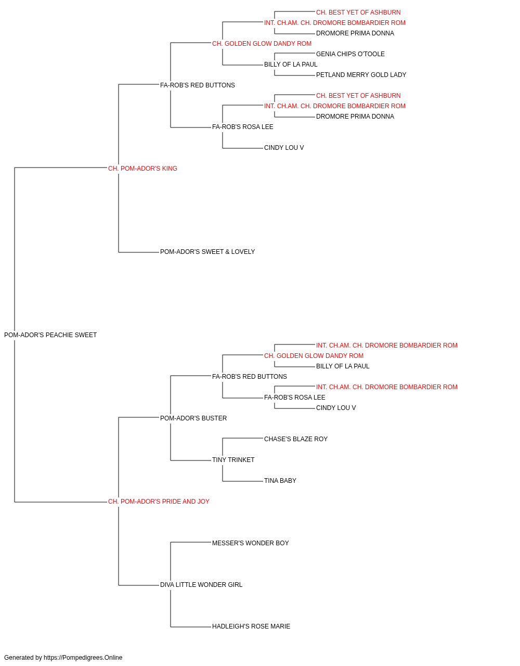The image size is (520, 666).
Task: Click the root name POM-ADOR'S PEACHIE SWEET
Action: click(x=50, y=335)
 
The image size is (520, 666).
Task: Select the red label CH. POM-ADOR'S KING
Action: click(x=142, y=169)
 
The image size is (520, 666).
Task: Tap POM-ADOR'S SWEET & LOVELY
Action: click(x=207, y=252)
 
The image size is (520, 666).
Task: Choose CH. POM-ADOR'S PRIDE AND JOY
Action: click(x=159, y=502)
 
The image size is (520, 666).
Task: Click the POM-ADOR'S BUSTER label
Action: click(x=193, y=418)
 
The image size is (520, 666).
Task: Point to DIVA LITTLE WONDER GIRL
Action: click(x=201, y=585)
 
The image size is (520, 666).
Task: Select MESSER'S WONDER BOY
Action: click(x=251, y=543)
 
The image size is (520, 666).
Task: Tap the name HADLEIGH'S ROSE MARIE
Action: click(x=251, y=626)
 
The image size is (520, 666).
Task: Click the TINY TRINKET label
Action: click(x=233, y=460)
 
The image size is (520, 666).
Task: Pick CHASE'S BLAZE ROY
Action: click(x=296, y=439)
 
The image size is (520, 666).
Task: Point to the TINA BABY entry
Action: click(x=280, y=481)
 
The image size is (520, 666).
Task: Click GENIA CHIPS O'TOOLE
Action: click(x=350, y=54)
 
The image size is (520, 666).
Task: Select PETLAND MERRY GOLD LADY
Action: click(x=361, y=75)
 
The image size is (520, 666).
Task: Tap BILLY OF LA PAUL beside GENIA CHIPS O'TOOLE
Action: click(x=291, y=65)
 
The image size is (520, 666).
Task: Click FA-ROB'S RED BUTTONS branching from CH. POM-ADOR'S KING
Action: click(x=198, y=85)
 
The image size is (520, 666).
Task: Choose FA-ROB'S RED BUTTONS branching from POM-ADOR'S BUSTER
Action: click(x=250, y=377)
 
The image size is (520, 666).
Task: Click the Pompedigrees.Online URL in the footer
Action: click(x=83, y=658)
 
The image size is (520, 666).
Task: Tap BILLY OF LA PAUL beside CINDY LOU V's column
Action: click(x=343, y=366)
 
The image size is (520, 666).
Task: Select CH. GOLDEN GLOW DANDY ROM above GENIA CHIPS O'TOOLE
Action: click(x=262, y=44)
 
